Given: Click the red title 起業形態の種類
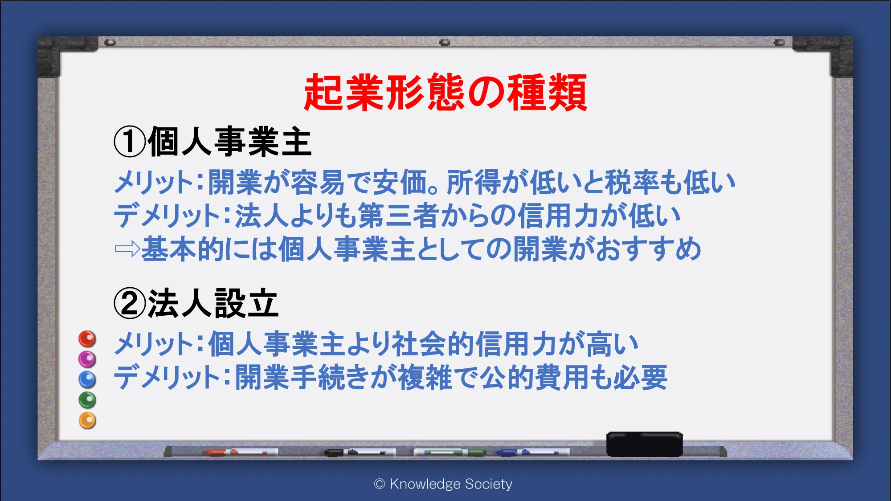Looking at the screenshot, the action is pos(445,92).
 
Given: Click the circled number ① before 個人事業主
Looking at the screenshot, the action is pos(130,142).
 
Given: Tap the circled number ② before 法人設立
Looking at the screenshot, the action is pos(130,303).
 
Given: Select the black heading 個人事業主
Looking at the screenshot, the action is pos(229,142).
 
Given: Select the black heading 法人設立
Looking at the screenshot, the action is pos(213,303).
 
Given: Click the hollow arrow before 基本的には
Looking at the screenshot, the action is pos(127,249).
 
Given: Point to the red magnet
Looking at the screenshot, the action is pos(87,339).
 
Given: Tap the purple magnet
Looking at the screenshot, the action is pos(87,359).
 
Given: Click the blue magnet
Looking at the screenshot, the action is pos(87,379).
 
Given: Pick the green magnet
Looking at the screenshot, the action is pos(87,400).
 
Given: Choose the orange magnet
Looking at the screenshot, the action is pos(87,420).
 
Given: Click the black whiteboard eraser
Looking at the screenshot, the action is pos(645,444).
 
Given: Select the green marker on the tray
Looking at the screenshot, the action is pos(450,452).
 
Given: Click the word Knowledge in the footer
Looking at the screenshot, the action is pos(425,484).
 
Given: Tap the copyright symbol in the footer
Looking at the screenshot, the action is pos(380,484).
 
